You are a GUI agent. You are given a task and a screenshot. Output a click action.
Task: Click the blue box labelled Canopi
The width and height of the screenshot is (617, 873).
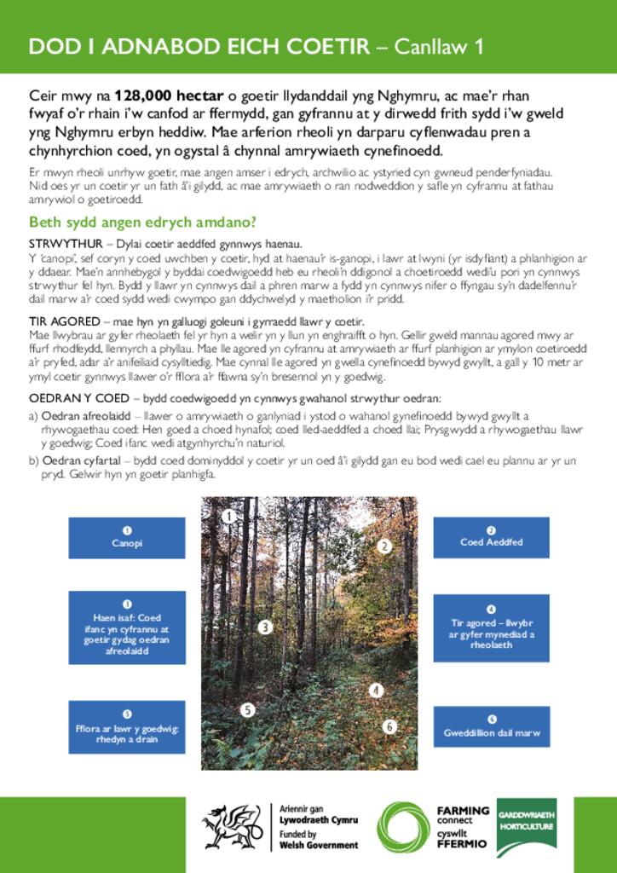127,538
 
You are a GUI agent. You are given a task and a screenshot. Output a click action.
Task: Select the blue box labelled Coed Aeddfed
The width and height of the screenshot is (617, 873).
492,537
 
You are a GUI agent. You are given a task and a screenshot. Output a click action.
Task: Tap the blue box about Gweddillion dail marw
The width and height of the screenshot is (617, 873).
492,727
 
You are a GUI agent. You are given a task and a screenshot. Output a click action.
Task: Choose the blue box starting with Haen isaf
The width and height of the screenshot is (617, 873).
127,627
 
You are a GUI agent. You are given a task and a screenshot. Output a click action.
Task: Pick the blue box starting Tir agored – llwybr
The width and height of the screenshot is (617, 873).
492,628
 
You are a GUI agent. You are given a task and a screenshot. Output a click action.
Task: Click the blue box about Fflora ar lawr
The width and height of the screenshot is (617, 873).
127,727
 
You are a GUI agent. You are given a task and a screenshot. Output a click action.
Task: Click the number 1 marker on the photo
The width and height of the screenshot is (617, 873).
228,516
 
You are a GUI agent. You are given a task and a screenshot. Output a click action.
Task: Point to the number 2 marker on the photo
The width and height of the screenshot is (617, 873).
384,546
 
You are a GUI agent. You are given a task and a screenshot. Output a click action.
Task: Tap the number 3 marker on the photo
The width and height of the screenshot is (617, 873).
265,627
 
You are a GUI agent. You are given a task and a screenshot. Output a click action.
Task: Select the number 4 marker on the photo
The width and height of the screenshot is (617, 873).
375,690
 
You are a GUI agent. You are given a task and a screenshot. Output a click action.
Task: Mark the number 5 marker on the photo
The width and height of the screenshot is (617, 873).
247,709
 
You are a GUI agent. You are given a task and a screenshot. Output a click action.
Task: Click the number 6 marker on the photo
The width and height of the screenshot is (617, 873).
389,726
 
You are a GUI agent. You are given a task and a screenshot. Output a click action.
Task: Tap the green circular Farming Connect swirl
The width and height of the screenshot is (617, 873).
402,826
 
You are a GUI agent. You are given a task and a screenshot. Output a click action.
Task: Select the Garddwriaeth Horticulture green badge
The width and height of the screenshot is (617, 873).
526,827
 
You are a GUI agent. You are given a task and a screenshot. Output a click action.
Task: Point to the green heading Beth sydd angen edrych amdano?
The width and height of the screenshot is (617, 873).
143,223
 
